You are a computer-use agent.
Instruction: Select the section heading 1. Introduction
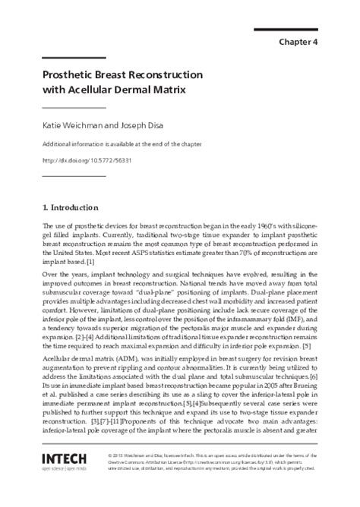(71, 206)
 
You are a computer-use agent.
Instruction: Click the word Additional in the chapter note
(56, 144)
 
